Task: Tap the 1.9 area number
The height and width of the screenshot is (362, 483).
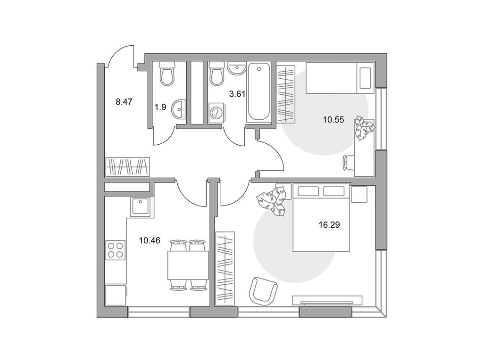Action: [x=160, y=107]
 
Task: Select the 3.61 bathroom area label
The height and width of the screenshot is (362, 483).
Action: [x=237, y=94]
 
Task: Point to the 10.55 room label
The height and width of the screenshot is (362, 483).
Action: [x=333, y=120]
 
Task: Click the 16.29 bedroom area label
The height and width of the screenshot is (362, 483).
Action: [x=329, y=225]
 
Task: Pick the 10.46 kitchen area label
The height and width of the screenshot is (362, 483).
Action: [x=150, y=240]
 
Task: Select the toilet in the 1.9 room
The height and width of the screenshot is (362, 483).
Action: [x=167, y=74]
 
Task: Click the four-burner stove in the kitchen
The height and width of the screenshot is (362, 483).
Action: [x=116, y=250]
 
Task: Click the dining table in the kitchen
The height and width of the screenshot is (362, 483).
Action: [x=188, y=265]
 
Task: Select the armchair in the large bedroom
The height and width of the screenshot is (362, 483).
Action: [x=263, y=289]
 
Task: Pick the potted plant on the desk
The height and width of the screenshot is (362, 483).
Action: [x=364, y=127]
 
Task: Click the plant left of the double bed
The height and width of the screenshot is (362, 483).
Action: [x=273, y=201]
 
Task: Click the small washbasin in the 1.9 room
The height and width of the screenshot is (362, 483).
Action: [x=178, y=110]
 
